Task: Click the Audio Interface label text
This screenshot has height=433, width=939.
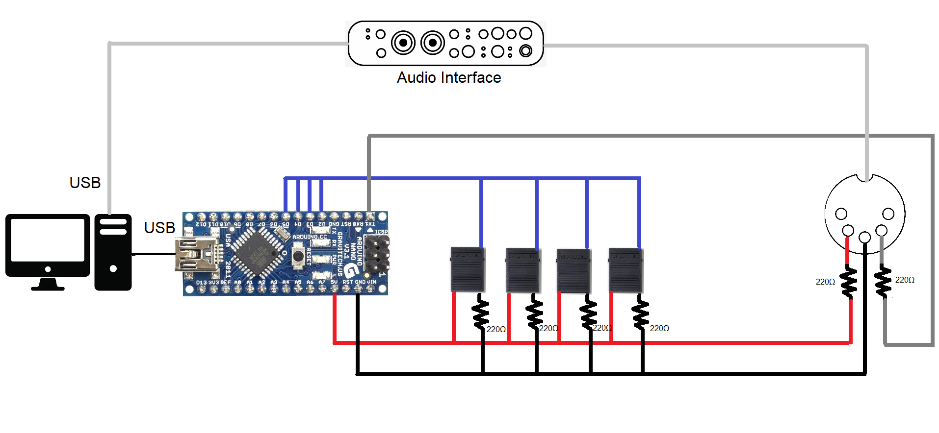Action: tap(449, 78)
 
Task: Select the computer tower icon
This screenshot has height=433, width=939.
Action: tap(113, 252)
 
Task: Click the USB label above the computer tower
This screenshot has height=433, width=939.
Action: tap(85, 183)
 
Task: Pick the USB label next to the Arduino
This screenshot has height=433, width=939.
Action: tap(159, 228)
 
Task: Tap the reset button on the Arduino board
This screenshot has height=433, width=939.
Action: tap(298, 256)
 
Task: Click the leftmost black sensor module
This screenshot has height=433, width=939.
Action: tap(468, 270)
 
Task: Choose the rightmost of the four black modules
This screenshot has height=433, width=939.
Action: tap(626, 270)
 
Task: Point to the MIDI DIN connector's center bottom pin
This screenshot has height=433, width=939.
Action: tap(864, 238)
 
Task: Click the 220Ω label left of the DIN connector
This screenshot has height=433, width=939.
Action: tap(825, 282)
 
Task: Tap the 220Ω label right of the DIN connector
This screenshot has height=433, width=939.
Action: tap(905, 280)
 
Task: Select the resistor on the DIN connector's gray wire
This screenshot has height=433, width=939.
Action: tap(883, 281)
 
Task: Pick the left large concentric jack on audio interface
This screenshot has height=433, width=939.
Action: tap(403, 43)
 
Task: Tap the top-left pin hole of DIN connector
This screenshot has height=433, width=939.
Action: tap(841, 214)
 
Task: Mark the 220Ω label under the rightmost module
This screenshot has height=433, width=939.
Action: tap(659, 329)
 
